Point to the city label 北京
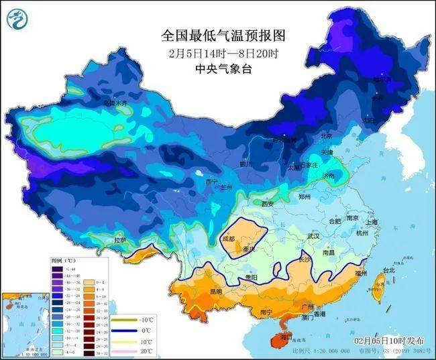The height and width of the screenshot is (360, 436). click(327, 136)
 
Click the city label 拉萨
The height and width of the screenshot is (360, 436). click(120, 239)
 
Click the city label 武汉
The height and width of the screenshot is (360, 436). click(313, 237)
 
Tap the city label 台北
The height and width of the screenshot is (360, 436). click(389, 271)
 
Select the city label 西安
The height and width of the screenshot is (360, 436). click(268, 203)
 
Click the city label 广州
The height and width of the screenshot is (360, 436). click(309, 307)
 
